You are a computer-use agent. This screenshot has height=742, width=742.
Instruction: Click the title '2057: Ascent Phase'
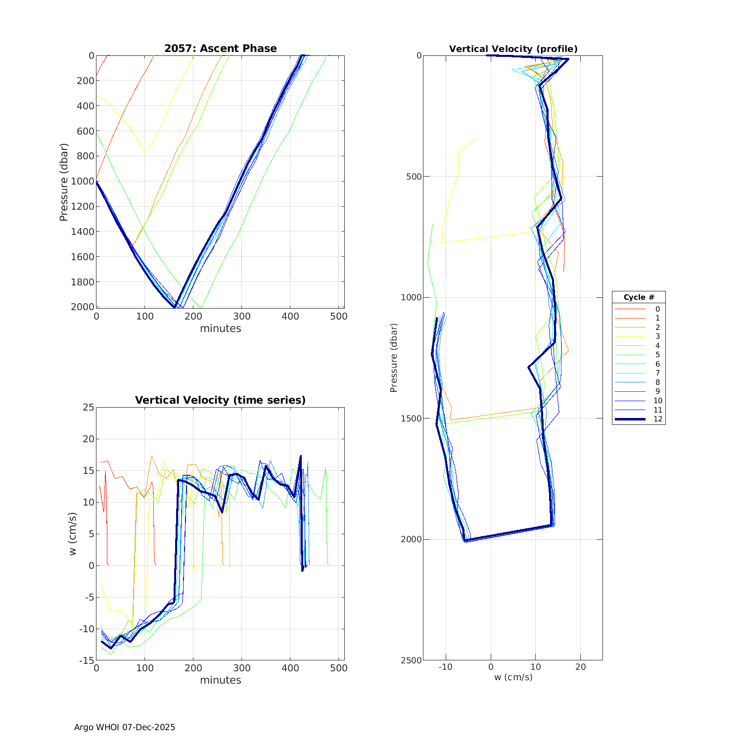(220, 48)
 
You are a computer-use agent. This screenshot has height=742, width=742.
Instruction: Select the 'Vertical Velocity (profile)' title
(513, 49)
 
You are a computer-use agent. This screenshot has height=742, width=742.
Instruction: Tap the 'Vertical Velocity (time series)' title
(220, 400)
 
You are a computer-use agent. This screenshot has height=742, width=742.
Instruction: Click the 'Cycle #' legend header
(639, 297)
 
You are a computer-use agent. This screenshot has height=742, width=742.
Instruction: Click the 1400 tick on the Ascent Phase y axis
(82, 232)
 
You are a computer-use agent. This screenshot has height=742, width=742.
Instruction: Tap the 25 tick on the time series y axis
(88, 408)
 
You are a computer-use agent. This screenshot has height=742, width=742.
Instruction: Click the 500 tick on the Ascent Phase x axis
(338, 316)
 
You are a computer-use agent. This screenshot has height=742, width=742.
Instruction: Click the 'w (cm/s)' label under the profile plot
(513, 677)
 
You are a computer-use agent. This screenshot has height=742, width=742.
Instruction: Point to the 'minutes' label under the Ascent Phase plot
(220, 328)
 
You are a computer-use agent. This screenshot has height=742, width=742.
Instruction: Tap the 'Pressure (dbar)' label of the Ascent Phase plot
(63, 182)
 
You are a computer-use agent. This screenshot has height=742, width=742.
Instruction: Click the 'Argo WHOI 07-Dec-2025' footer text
(125, 727)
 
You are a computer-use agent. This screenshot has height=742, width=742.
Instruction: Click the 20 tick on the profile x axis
(580, 667)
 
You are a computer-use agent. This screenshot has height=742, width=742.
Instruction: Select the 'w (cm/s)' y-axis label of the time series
(73, 534)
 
